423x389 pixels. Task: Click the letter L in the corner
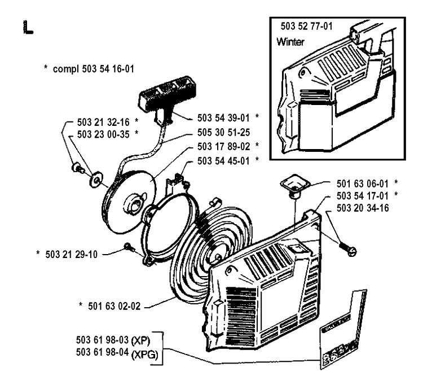26,27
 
